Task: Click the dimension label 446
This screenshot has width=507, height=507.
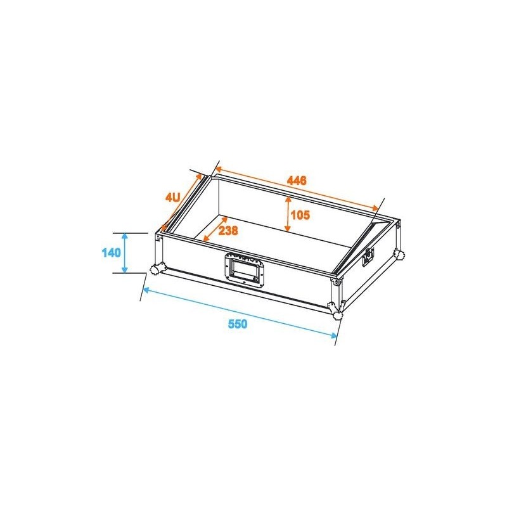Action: point(297,181)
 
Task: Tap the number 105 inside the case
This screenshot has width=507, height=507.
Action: point(300,215)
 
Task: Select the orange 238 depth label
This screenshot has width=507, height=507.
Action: point(228,231)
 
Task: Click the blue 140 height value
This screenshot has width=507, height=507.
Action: point(111,253)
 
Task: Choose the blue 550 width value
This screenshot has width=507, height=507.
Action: point(237,324)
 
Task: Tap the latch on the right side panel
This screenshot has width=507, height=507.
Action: point(367,258)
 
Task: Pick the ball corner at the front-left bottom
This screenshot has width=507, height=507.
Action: point(155,270)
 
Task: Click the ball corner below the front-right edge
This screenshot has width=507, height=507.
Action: point(337,310)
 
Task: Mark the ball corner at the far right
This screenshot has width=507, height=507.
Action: point(399,255)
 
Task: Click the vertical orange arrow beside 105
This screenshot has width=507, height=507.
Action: point(288,215)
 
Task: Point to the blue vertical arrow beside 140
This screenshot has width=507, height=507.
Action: point(125,253)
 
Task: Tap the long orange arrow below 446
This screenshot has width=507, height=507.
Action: point(297,189)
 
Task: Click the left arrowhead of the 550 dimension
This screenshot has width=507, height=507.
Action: point(145,290)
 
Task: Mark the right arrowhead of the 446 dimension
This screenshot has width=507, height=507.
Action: point(377,209)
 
